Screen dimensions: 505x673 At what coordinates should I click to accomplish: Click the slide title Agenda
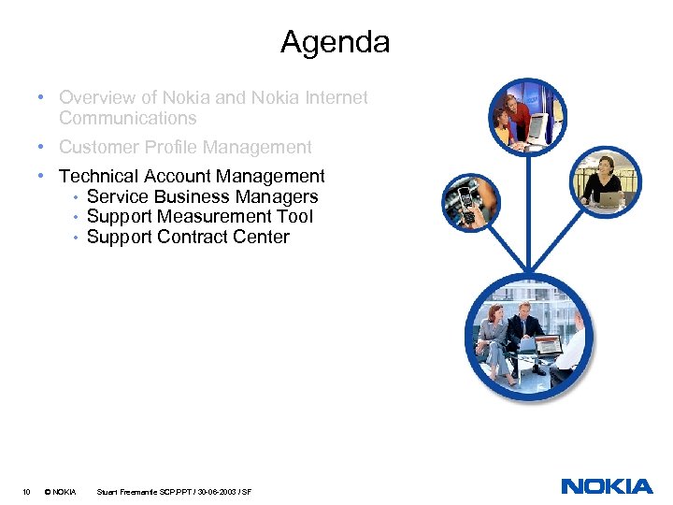(335, 42)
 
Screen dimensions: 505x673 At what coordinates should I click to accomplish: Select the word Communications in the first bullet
(127, 118)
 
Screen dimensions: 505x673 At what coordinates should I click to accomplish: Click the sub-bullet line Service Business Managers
(202, 196)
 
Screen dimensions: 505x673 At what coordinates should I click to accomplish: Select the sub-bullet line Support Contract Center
(188, 237)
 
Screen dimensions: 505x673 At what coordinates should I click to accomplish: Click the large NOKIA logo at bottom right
(607, 485)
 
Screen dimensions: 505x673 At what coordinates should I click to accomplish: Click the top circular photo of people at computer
(528, 116)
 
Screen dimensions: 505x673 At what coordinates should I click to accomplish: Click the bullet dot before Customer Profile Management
(43, 147)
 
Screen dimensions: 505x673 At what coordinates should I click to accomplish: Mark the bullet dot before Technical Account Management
(43, 176)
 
